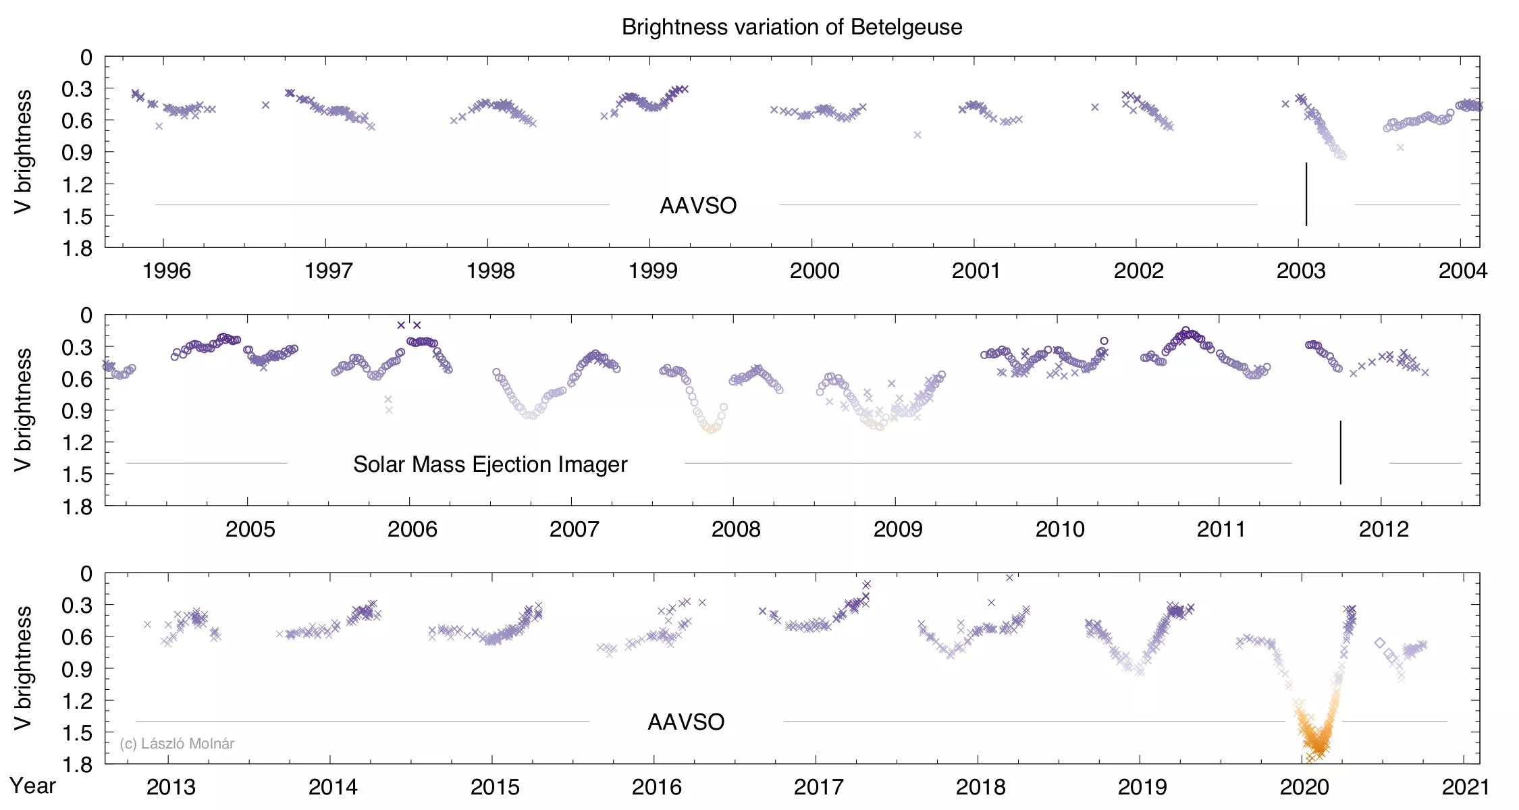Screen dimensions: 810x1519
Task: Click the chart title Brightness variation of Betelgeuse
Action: point(791,28)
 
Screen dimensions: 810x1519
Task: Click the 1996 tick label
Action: point(166,271)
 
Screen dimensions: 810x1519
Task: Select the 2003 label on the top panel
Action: point(1300,271)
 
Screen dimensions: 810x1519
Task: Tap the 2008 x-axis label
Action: point(735,529)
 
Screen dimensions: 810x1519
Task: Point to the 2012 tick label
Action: point(1383,529)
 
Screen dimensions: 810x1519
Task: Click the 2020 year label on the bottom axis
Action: point(1304,787)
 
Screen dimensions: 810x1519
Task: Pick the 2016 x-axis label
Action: point(656,787)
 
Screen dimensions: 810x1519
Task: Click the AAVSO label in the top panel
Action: point(697,206)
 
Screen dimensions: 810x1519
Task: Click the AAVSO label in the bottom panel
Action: point(686,722)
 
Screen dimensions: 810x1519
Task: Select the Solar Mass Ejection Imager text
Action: point(490,464)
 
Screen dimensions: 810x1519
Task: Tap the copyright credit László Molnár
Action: point(177,744)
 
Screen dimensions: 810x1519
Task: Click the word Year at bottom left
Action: point(32,786)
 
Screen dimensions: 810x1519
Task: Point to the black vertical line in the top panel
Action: point(1306,194)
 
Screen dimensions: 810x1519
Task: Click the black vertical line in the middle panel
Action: point(1340,452)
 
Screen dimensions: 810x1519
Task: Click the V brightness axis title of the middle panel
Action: point(23,410)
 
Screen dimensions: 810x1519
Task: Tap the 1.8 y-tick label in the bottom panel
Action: point(77,764)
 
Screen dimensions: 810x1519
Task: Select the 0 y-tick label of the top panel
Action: point(86,58)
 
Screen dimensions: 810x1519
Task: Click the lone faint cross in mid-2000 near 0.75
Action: point(917,135)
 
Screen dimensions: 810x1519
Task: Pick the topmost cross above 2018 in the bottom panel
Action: point(1009,578)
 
